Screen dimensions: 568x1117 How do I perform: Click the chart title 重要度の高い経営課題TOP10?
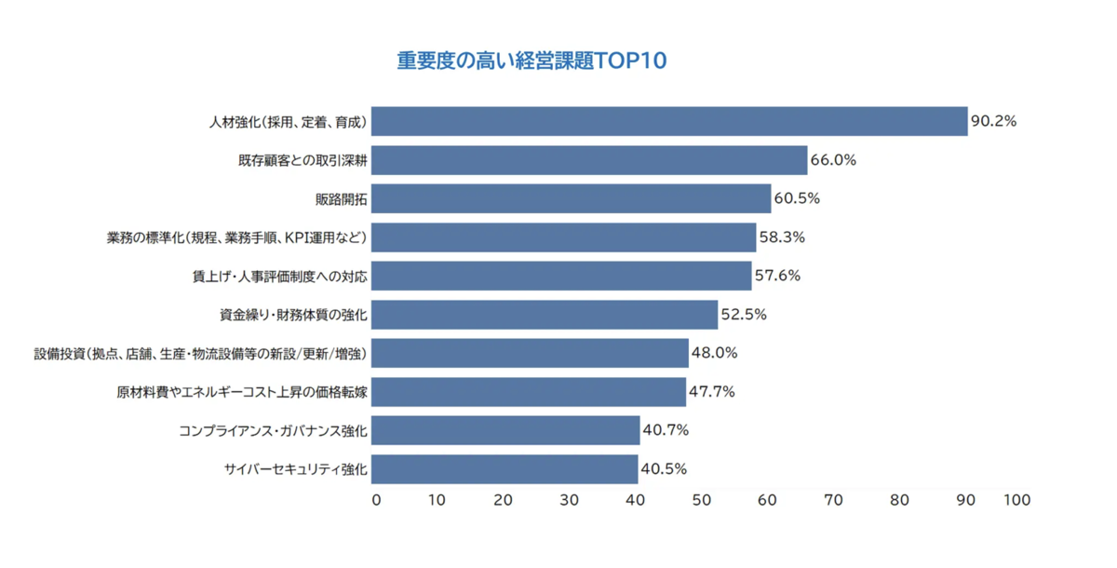(532, 61)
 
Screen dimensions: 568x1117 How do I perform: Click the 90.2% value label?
(993, 121)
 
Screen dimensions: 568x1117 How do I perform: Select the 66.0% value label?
(833, 160)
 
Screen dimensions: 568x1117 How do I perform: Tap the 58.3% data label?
(782, 237)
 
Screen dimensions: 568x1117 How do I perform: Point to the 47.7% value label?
(711, 392)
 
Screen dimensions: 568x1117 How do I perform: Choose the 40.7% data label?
(666, 430)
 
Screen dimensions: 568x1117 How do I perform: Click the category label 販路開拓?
(342, 199)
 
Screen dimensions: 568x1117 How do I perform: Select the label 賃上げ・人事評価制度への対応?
(279, 277)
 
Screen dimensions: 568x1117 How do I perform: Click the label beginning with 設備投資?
(200, 354)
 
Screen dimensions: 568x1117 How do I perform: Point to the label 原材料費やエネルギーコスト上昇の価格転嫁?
(242, 392)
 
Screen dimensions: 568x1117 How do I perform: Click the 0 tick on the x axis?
(376, 500)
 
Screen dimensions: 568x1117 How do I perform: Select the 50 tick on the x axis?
(701, 500)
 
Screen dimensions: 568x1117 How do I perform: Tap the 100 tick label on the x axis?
(1017, 500)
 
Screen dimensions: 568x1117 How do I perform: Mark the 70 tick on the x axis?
(833, 500)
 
